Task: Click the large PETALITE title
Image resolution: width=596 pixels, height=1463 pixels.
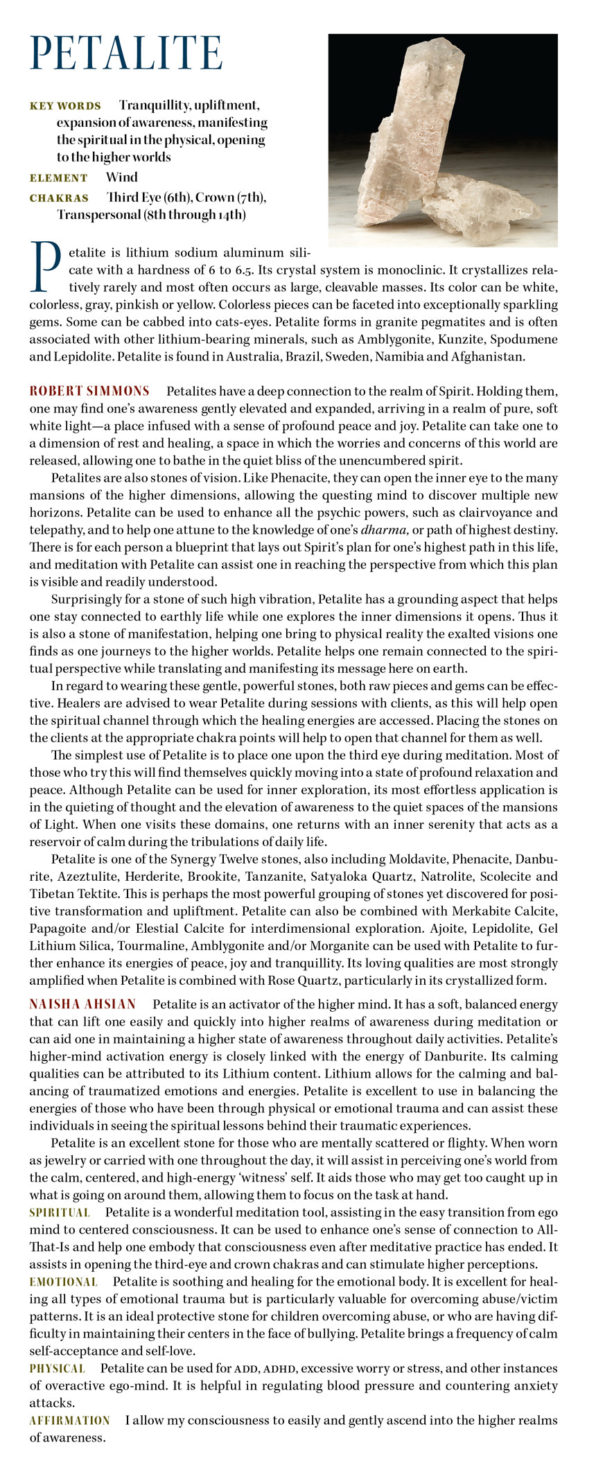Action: [126, 53]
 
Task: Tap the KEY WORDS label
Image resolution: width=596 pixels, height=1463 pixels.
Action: [65, 106]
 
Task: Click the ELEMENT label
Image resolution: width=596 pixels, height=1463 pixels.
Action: [58, 178]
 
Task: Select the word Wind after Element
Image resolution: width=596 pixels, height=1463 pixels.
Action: [121, 177]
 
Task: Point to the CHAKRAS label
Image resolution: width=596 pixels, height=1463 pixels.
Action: [59, 198]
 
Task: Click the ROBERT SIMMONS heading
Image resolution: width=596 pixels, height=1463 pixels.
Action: [89, 391]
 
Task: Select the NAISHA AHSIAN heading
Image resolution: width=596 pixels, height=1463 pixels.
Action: [82, 1004]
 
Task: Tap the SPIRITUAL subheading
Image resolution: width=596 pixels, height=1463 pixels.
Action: [60, 1212]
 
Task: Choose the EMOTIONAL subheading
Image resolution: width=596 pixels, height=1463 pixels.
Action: [63, 1281]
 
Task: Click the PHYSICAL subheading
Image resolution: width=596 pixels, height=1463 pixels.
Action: [57, 1368]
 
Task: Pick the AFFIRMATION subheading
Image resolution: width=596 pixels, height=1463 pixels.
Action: [69, 1420]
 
